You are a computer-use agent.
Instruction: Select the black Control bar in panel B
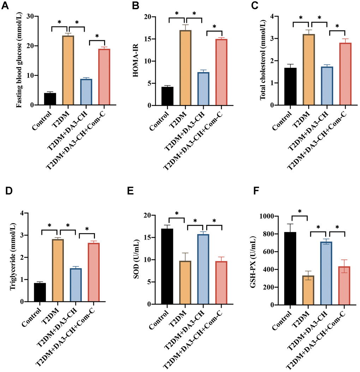point(167,96)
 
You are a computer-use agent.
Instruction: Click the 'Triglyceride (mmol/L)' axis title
point(13,257)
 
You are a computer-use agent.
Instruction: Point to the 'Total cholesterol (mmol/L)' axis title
point(263,61)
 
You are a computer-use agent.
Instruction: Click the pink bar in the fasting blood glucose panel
point(94,77)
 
